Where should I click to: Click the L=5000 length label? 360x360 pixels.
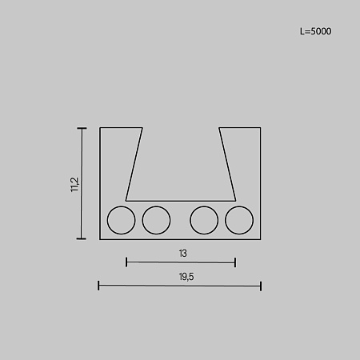(x=316, y=31)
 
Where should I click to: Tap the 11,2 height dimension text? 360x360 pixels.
(x=75, y=185)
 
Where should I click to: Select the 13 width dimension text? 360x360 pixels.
(x=183, y=254)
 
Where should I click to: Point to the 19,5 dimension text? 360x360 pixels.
(x=186, y=277)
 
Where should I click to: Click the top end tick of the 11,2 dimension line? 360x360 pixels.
(x=82, y=128)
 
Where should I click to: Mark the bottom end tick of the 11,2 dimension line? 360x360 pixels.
(x=82, y=238)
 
